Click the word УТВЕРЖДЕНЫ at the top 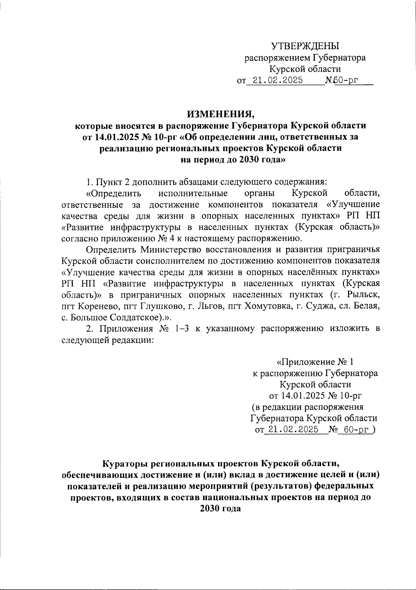click(x=305, y=46)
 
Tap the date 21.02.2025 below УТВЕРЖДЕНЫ click(x=278, y=81)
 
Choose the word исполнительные click(x=193, y=193)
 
